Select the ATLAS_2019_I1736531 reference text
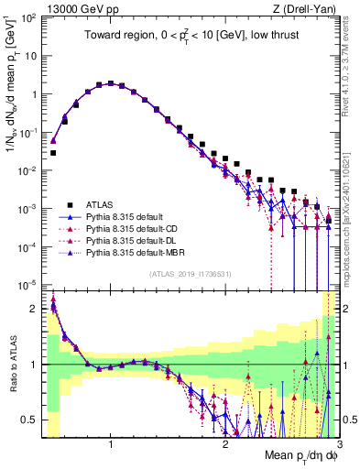[190, 275]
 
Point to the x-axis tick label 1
[111, 445]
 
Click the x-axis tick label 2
[224, 445]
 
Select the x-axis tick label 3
[337, 445]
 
